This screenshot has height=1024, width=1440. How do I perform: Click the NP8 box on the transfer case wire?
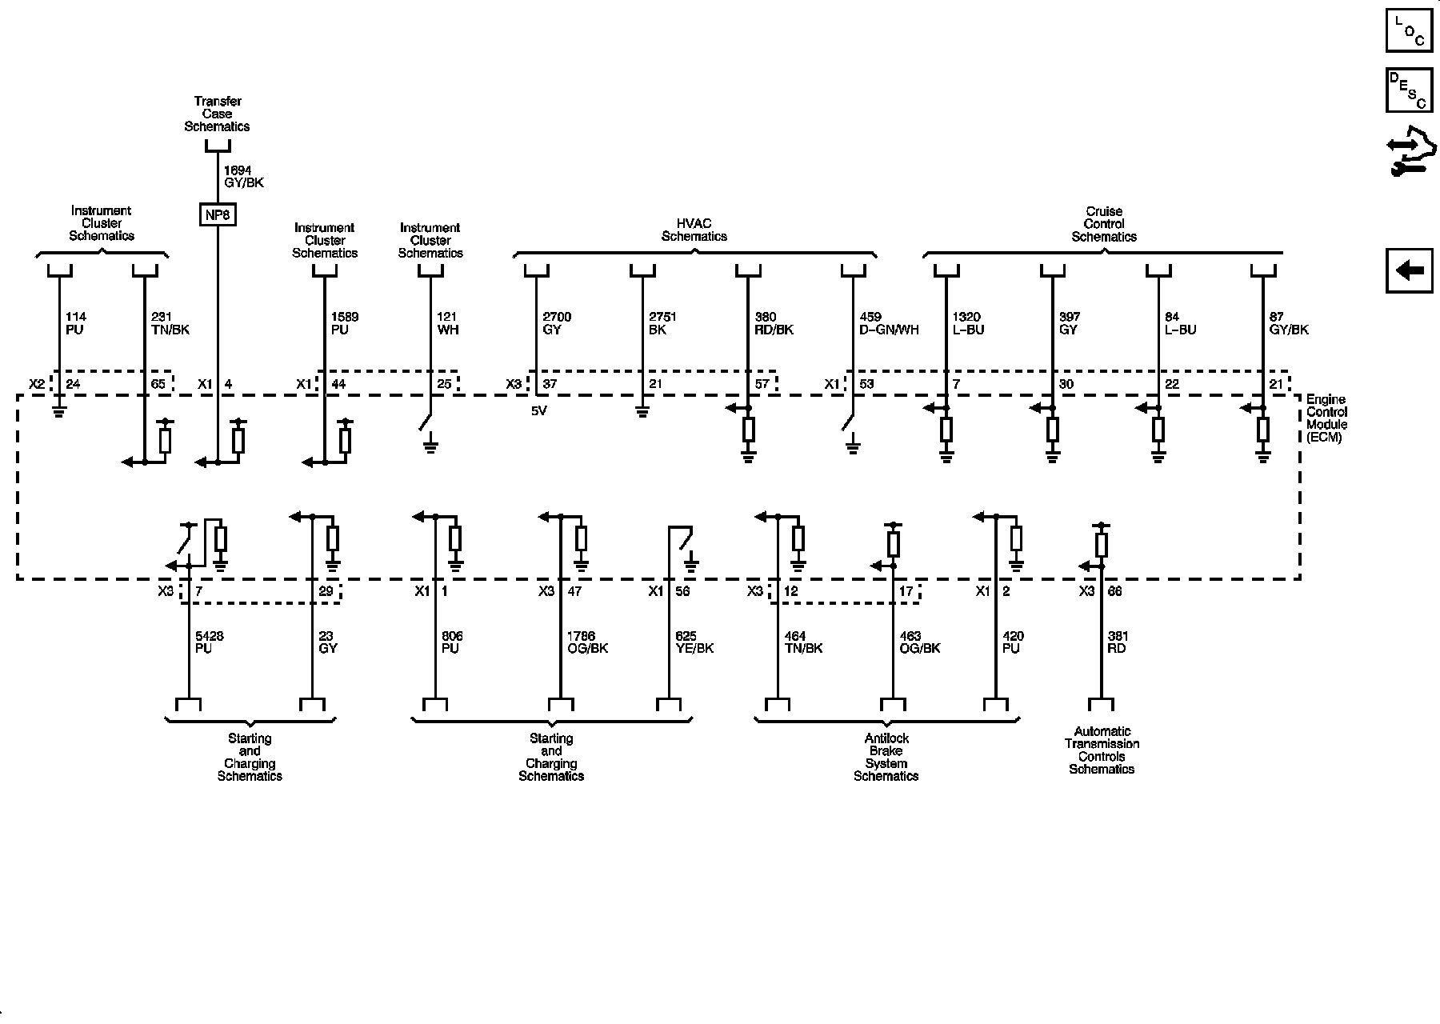(218, 215)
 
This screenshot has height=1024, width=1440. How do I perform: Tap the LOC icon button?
(1409, 30)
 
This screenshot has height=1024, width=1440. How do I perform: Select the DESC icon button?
(1409, 90)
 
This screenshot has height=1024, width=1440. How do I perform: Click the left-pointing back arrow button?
(1409, 270)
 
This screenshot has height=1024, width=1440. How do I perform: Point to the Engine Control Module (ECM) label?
(1326, 418)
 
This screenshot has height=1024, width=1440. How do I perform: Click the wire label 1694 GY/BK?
(243, 177)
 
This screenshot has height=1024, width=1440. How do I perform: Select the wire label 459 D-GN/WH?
(888, 323)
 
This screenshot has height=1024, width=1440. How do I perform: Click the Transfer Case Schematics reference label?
(217, 114)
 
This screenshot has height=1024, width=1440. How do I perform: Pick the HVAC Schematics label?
(694, 230)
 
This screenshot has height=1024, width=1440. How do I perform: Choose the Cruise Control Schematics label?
(1104, 224)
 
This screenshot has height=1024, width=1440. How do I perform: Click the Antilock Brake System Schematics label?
(886, 757)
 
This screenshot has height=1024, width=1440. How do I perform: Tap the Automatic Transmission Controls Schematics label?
(1102, 750)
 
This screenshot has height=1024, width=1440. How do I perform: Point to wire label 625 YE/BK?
(694, 642)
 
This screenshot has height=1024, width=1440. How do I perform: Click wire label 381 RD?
(1117, 642)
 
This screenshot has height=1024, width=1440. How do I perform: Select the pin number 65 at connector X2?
(158, 384)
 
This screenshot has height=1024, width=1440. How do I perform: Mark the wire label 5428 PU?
(210, 642)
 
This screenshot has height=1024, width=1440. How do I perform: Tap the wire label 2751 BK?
(662, 323)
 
